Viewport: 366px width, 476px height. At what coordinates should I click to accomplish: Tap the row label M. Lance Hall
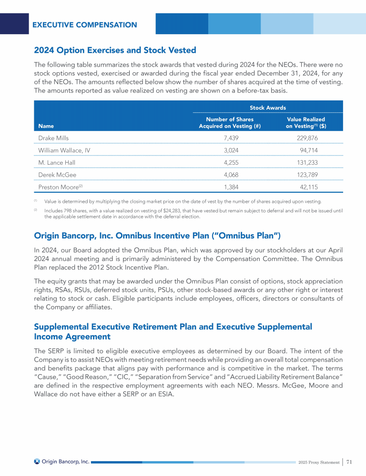point(57,162)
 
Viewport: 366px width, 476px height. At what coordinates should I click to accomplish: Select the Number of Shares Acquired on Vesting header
point(229,123)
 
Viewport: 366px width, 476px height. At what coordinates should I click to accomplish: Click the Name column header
point(46,126)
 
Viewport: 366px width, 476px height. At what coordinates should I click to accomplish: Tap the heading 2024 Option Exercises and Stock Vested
point(115,50)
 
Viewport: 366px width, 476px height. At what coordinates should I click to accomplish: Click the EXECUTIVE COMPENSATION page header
point(84,25)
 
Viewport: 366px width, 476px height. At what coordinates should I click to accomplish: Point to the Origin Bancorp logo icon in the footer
point(37,461)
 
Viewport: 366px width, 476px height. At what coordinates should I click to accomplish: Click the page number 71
point(349,461)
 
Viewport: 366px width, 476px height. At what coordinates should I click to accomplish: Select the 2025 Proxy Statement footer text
point(318,462)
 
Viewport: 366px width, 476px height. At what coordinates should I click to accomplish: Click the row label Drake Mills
point(53,138)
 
